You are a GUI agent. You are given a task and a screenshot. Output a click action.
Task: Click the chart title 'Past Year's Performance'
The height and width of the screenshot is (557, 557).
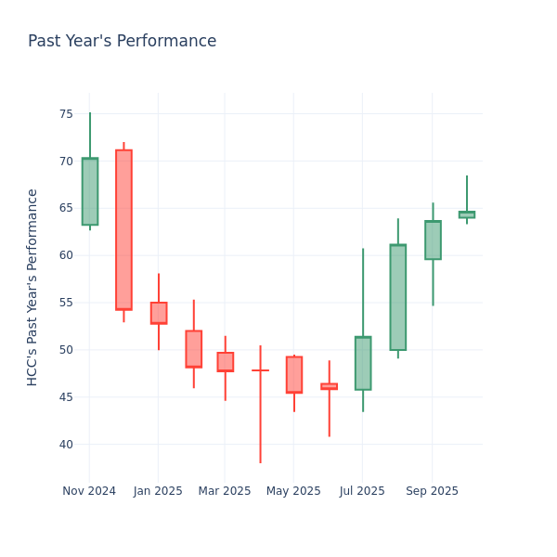122,42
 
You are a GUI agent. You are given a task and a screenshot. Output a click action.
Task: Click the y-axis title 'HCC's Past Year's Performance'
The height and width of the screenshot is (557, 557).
32,287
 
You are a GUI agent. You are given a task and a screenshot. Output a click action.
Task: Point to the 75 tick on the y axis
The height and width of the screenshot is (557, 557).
66,114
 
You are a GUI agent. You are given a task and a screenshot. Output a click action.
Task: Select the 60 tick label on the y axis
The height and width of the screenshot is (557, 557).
66,255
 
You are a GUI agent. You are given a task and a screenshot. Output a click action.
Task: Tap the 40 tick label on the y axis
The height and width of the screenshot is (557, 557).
66,444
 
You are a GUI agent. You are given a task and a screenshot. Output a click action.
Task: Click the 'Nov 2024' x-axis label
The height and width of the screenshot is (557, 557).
89,491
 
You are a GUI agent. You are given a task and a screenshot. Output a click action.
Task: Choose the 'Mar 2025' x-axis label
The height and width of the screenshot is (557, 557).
224,491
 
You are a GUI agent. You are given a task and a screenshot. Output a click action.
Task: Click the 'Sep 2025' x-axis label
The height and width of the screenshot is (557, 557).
432,491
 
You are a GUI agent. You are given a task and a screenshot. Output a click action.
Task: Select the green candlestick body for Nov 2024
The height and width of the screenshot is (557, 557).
89,191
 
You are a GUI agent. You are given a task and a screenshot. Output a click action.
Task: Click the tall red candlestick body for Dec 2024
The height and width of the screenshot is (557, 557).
123,229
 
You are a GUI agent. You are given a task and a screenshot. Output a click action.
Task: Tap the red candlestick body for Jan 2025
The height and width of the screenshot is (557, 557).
159,313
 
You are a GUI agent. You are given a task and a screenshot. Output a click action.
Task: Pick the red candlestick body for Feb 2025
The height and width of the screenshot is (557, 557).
193,349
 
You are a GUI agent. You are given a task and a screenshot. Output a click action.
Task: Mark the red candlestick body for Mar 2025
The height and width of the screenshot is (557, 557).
225,362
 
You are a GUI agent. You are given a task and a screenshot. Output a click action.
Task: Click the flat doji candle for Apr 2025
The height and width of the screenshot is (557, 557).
260,370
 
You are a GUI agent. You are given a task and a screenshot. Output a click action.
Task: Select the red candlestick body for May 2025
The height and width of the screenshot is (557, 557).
294,374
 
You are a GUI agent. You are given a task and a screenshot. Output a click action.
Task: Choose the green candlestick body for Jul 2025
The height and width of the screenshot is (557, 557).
363,363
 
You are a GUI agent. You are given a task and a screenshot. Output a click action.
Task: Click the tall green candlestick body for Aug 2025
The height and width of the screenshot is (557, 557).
397,297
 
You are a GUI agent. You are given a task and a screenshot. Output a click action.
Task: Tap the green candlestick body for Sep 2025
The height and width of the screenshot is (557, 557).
433,240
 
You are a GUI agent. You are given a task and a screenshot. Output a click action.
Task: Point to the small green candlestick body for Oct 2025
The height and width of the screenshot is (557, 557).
467,214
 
